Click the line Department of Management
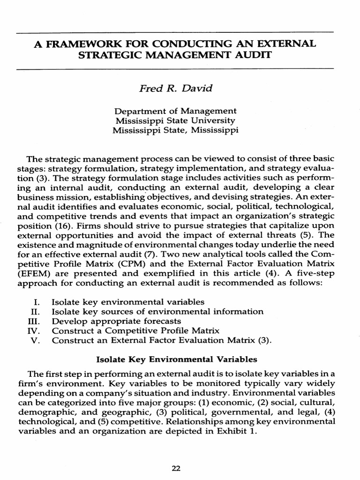(x=175, y=111)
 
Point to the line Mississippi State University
(x=175, y=120)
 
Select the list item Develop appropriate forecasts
(x=116, y=321)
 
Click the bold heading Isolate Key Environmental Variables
(x=177, y=360)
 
